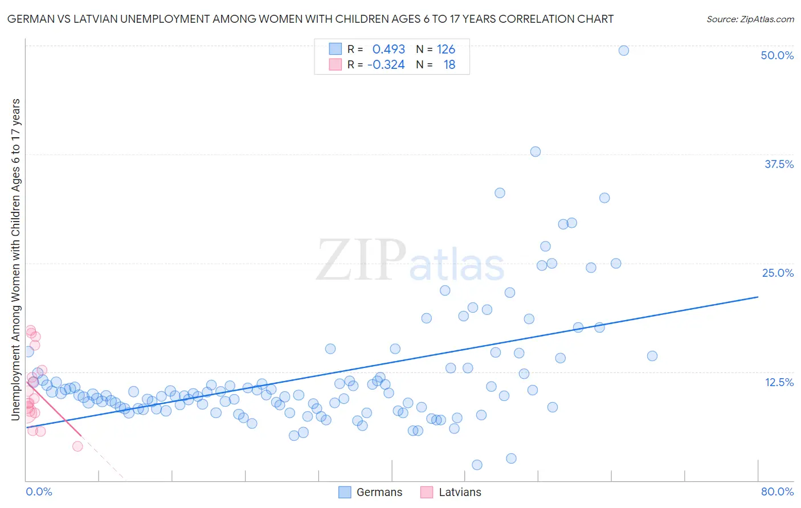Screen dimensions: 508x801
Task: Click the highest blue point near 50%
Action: [x=623, y=51]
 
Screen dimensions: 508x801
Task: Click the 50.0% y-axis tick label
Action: [x=777, y=55]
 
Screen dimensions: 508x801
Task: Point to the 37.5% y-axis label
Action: [x=779, y=164]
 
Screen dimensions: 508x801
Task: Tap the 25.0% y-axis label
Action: [x=778, y=273]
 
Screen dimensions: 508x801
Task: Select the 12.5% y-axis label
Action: [x=779, y=382]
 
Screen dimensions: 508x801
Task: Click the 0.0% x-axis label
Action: [x=39, y=491]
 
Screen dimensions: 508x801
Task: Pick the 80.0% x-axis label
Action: [x=777, y=491]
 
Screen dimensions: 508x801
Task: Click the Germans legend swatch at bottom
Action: [x=345, y=492]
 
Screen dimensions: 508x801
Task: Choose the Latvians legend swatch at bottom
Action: [x=427, y=492]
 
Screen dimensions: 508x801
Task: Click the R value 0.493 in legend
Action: [x=389, y=50]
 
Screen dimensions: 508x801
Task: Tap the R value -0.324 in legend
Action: [x=386, y=65]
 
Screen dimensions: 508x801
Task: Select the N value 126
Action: [x=446, y=50]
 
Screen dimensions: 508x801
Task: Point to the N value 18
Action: [x=449, y=65]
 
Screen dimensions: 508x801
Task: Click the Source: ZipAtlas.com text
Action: [x=750, y=19]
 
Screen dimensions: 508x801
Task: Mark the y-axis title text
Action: [x=15, y=259]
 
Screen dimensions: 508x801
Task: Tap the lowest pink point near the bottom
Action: [x=77, y=446]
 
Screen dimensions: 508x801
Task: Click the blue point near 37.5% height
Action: [x=535, y=151]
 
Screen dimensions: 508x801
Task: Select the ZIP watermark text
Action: [x=361, y=260]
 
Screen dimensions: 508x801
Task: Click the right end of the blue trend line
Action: [x=758, y=297]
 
